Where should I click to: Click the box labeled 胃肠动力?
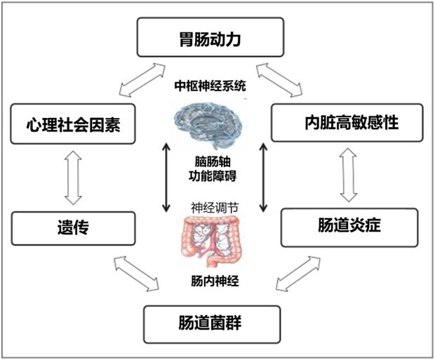click(x=210, y=37)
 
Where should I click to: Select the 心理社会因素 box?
click(x=73, y=124)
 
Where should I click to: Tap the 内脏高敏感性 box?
click(x=347, y=123)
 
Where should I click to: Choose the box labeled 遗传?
click(x=73, y=229)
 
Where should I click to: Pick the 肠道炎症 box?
click(x=349, y=227)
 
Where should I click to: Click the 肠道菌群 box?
click(x=212, y=324)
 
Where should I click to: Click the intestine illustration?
click(x=210, y=241)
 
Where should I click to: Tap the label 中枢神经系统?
click(x=210, y=86)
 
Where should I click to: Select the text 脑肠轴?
click(x=213, y=161)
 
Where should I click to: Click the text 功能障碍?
click(x=213, y=175)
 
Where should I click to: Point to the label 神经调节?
click(x=215, y=208)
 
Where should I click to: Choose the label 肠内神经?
click(x=215, y=281)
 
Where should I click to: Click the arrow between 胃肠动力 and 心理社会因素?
click(x=142, y=80)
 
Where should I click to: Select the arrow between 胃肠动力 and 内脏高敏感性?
click(x=279, y=80)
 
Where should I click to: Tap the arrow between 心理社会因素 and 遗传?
click(x=73, y=178)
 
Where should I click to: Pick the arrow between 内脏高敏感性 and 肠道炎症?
click(x=348, y=175)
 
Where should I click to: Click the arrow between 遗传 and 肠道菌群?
click(x=136, y=274)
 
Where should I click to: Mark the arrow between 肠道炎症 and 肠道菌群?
click(x=298, y=274)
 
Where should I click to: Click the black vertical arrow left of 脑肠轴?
click(x=166, y=178)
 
